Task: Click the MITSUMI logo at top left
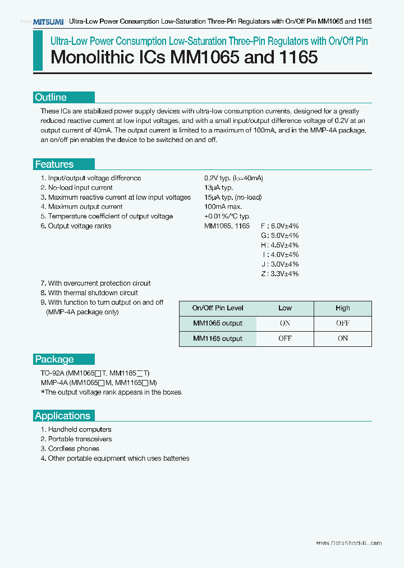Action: pyautogui.click(x=48, y=21)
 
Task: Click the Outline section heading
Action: pyautogui.click(x=51, y=97)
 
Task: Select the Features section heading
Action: pyautogui.click(x=54, y=164)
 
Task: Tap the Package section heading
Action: pyautogui.click(x=54, y=359)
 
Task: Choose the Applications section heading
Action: pyautogui.click(x=62, y=416)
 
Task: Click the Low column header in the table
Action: pyautogui.click(x=285, y=308)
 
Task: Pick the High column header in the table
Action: pyautogui.click(x=342, y=308)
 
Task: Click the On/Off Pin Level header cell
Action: pyautogui.click(x=218, y=308)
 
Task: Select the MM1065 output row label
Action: pyautogui.click(x=218, y=323)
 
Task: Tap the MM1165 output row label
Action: pyautogui.click(x=218, y=338)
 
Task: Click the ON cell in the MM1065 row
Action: pyautogui.click(x=285, y=323)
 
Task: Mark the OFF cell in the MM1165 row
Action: pyautogui.click(x=285, y=338)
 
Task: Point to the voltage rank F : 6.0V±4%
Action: pyautogui.click(x=279, y=226)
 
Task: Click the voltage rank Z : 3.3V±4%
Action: pyautogui.click(x=279, y=273)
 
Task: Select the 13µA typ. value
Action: pyautogui.click(x=219, y=187)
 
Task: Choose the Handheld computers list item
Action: pyautogui.click(x=76, y=429)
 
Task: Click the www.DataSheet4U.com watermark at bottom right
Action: pyautogui.click(x=348, y=543)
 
